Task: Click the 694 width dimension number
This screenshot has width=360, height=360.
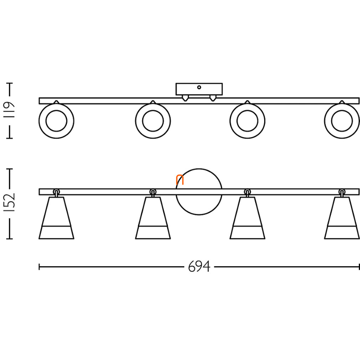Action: pos(199,267)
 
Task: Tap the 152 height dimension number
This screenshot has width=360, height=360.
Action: pos(10,202)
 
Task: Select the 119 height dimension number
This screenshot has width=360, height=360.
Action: pos(10,110)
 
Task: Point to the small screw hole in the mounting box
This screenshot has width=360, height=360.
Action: pos(199,87)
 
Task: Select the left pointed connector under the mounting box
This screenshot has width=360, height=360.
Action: pos(185,98)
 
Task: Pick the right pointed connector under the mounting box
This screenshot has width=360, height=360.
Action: pos(213,98)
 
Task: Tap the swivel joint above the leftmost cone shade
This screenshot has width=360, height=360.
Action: pos(56,192)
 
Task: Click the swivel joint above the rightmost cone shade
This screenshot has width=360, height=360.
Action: pos(342,192)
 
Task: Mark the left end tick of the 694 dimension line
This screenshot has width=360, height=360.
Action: pos(39,267)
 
